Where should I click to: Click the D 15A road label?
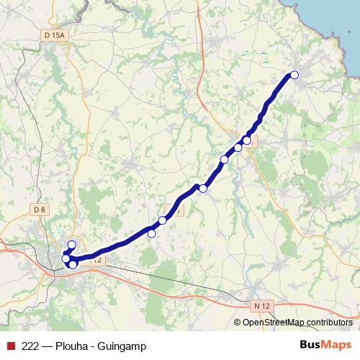click(x=54, y=35)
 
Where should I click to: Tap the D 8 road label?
click(x=40, y=210)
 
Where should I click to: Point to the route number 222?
click(x=30, y=346)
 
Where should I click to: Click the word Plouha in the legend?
click(x=74, y=346)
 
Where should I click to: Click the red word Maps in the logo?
click(x=336, y=346)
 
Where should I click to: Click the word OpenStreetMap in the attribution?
click(x=275, y=323)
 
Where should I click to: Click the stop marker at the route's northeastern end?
click(x=294, y=75)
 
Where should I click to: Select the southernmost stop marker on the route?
click(x=73, y=265)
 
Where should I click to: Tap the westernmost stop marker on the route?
click(x=66, y=259)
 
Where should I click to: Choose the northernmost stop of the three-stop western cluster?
click(x=71, y=246)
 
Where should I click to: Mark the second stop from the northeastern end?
click(x=247, y=140)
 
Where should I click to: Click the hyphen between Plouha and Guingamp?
click(x=96, y=346)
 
